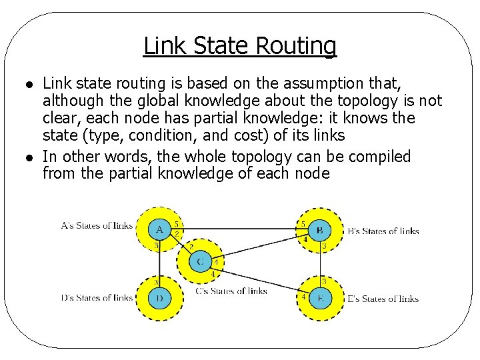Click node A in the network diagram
click(x=159, y=230)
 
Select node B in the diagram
click(x=319, y=231)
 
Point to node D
click(x=159, y=298)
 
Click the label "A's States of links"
click(x=96, y=225)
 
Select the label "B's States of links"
click(x=383, y=231)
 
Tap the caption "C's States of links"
click(x=231, y=291)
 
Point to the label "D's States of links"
click(x=96, y=298)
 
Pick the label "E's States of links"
click(x=383, y=299)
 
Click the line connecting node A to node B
click(x=240, y=229)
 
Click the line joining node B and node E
click(x=320, y=264)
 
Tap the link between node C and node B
click(x=260, y=247)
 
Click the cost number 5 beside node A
click(x=176, y=224)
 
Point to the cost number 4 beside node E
click(x=304, y=296)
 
